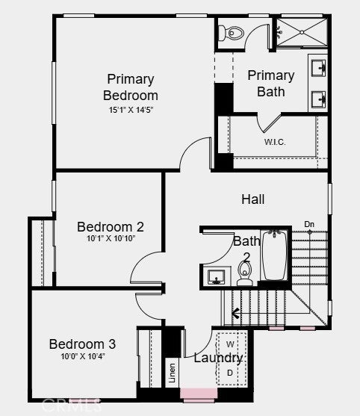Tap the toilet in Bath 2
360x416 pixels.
(x=244, y=273)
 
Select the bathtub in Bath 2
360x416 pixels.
(x=275, y=255)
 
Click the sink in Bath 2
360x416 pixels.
(x=216, y=277)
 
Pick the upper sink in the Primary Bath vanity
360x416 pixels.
(x=318, y=68)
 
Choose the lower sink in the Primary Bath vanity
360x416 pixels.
(x=318, y=99)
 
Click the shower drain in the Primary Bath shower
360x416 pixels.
(x=302, y=32)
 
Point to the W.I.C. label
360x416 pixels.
(x=275, y=142)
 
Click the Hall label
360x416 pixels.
(x=253, y=199)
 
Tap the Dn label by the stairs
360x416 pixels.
(x=309, y=224)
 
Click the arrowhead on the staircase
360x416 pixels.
(x=235, y=314)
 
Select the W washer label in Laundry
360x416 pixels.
(x=230, y=344)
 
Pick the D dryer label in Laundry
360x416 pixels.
(x=230, y=373)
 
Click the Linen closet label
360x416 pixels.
(x=173, y=373)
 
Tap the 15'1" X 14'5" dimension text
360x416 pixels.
(x=131, y=110)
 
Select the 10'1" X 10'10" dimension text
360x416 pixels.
(x=111, y=238)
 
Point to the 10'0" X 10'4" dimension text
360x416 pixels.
(x=83, y=356)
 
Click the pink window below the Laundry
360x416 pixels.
(x=199, y=394)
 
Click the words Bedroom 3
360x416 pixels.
(x=82, y=344)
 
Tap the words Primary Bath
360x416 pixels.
(x=271, y=84)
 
